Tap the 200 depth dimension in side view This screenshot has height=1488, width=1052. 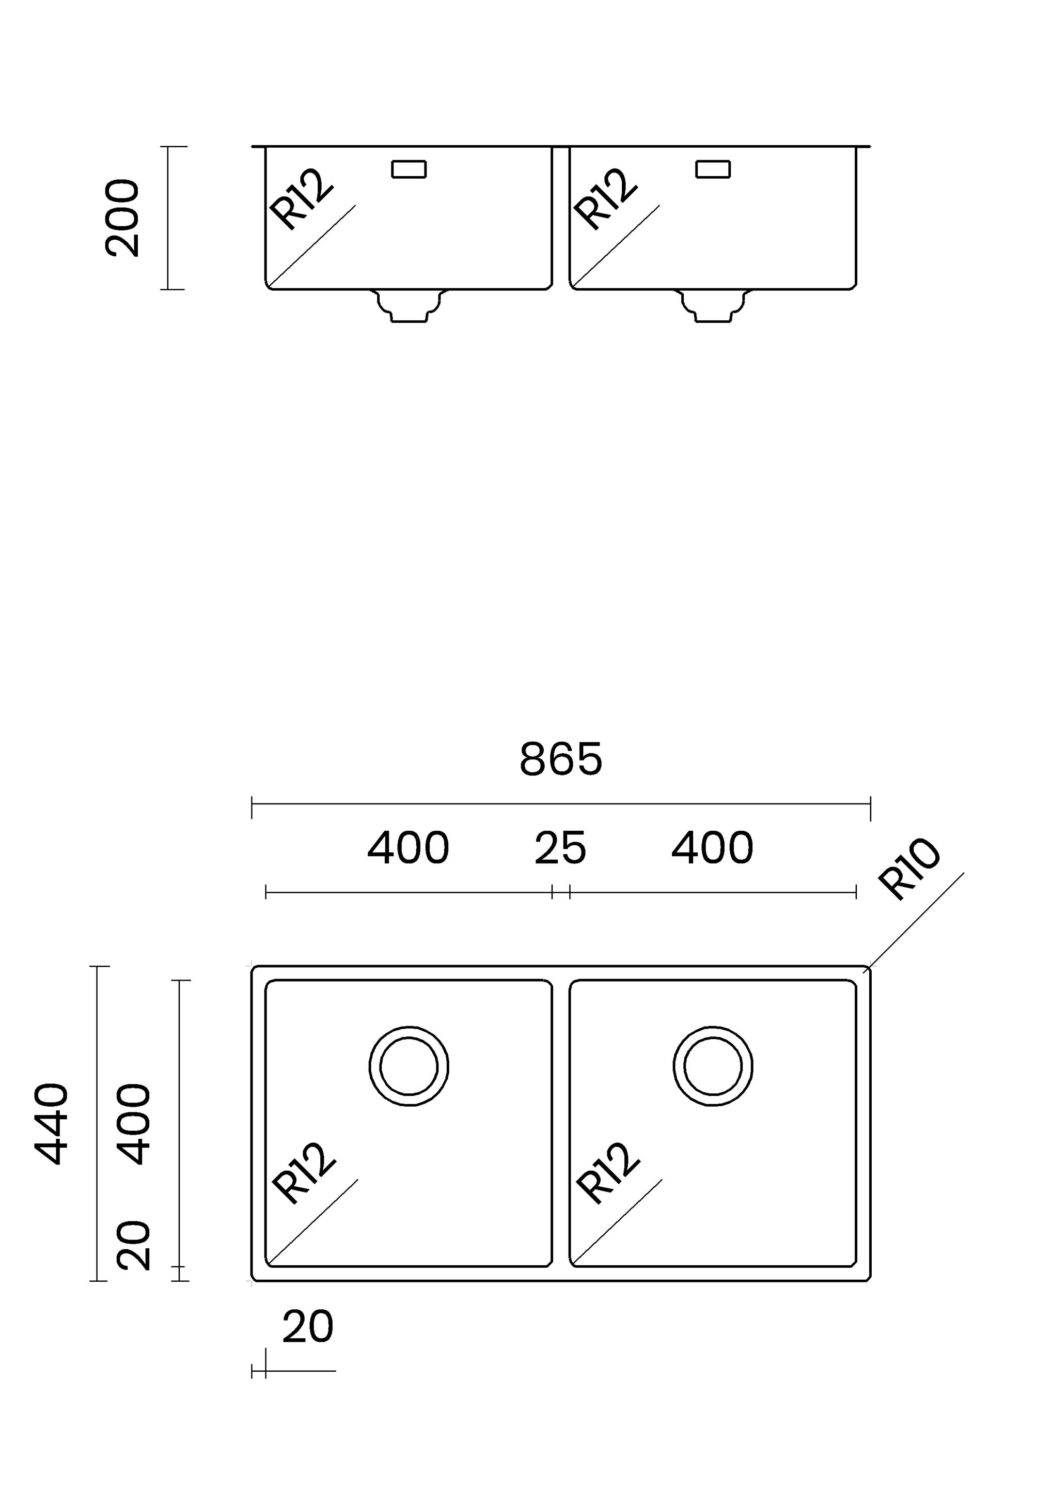[122, 219]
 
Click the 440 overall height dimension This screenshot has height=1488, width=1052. [51, 1124]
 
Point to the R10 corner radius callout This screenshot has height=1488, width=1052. [908, 869]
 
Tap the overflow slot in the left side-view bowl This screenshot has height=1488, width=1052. [409, 169]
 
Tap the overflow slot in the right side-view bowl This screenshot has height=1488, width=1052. [713, 169]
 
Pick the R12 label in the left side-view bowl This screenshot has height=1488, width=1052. [301, 199]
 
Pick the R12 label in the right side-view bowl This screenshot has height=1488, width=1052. [606, 199]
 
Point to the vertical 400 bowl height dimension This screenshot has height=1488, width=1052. [134, 1124]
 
